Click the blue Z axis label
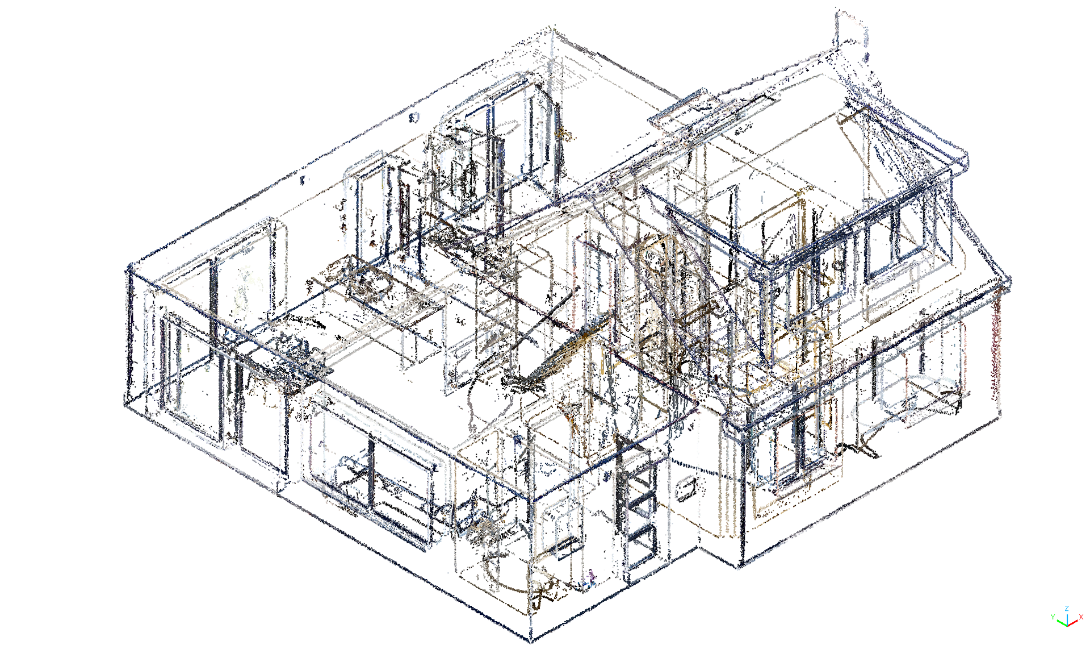click(x=1067, y=609)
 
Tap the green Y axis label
click(x=1053, y=617)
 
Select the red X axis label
click(x=1081, y=617)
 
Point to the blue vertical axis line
click(x=1067, y=619)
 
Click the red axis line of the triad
click(x=1072, y=623)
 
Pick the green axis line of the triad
click(x=1062, y=622)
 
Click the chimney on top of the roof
click(x=850, y=34)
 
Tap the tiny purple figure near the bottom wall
click(x=592, y=578)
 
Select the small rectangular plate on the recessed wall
click(x=686, y=489)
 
